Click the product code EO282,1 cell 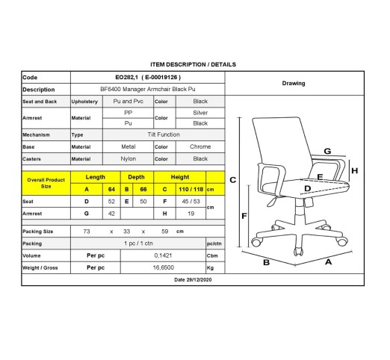(148, 78)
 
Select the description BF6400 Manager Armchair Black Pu (148, 89)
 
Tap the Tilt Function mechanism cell (164, 134)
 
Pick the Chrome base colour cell (200, 146)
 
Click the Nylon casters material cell (129, 159)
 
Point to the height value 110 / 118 (191, 190)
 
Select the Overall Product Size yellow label (46, 183)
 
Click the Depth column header (136, 177)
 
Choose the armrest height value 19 (191, 214)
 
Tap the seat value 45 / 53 (191, 202)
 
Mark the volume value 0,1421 (163, 255)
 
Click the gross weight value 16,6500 (164, 267)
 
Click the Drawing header (294, 84)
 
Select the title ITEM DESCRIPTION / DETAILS (193, 64)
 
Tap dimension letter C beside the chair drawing (233, 180)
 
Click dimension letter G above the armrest (327, 151)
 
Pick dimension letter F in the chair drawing (244, 216)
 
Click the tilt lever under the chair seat (273, 202)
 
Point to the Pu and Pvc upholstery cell (129, 102)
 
